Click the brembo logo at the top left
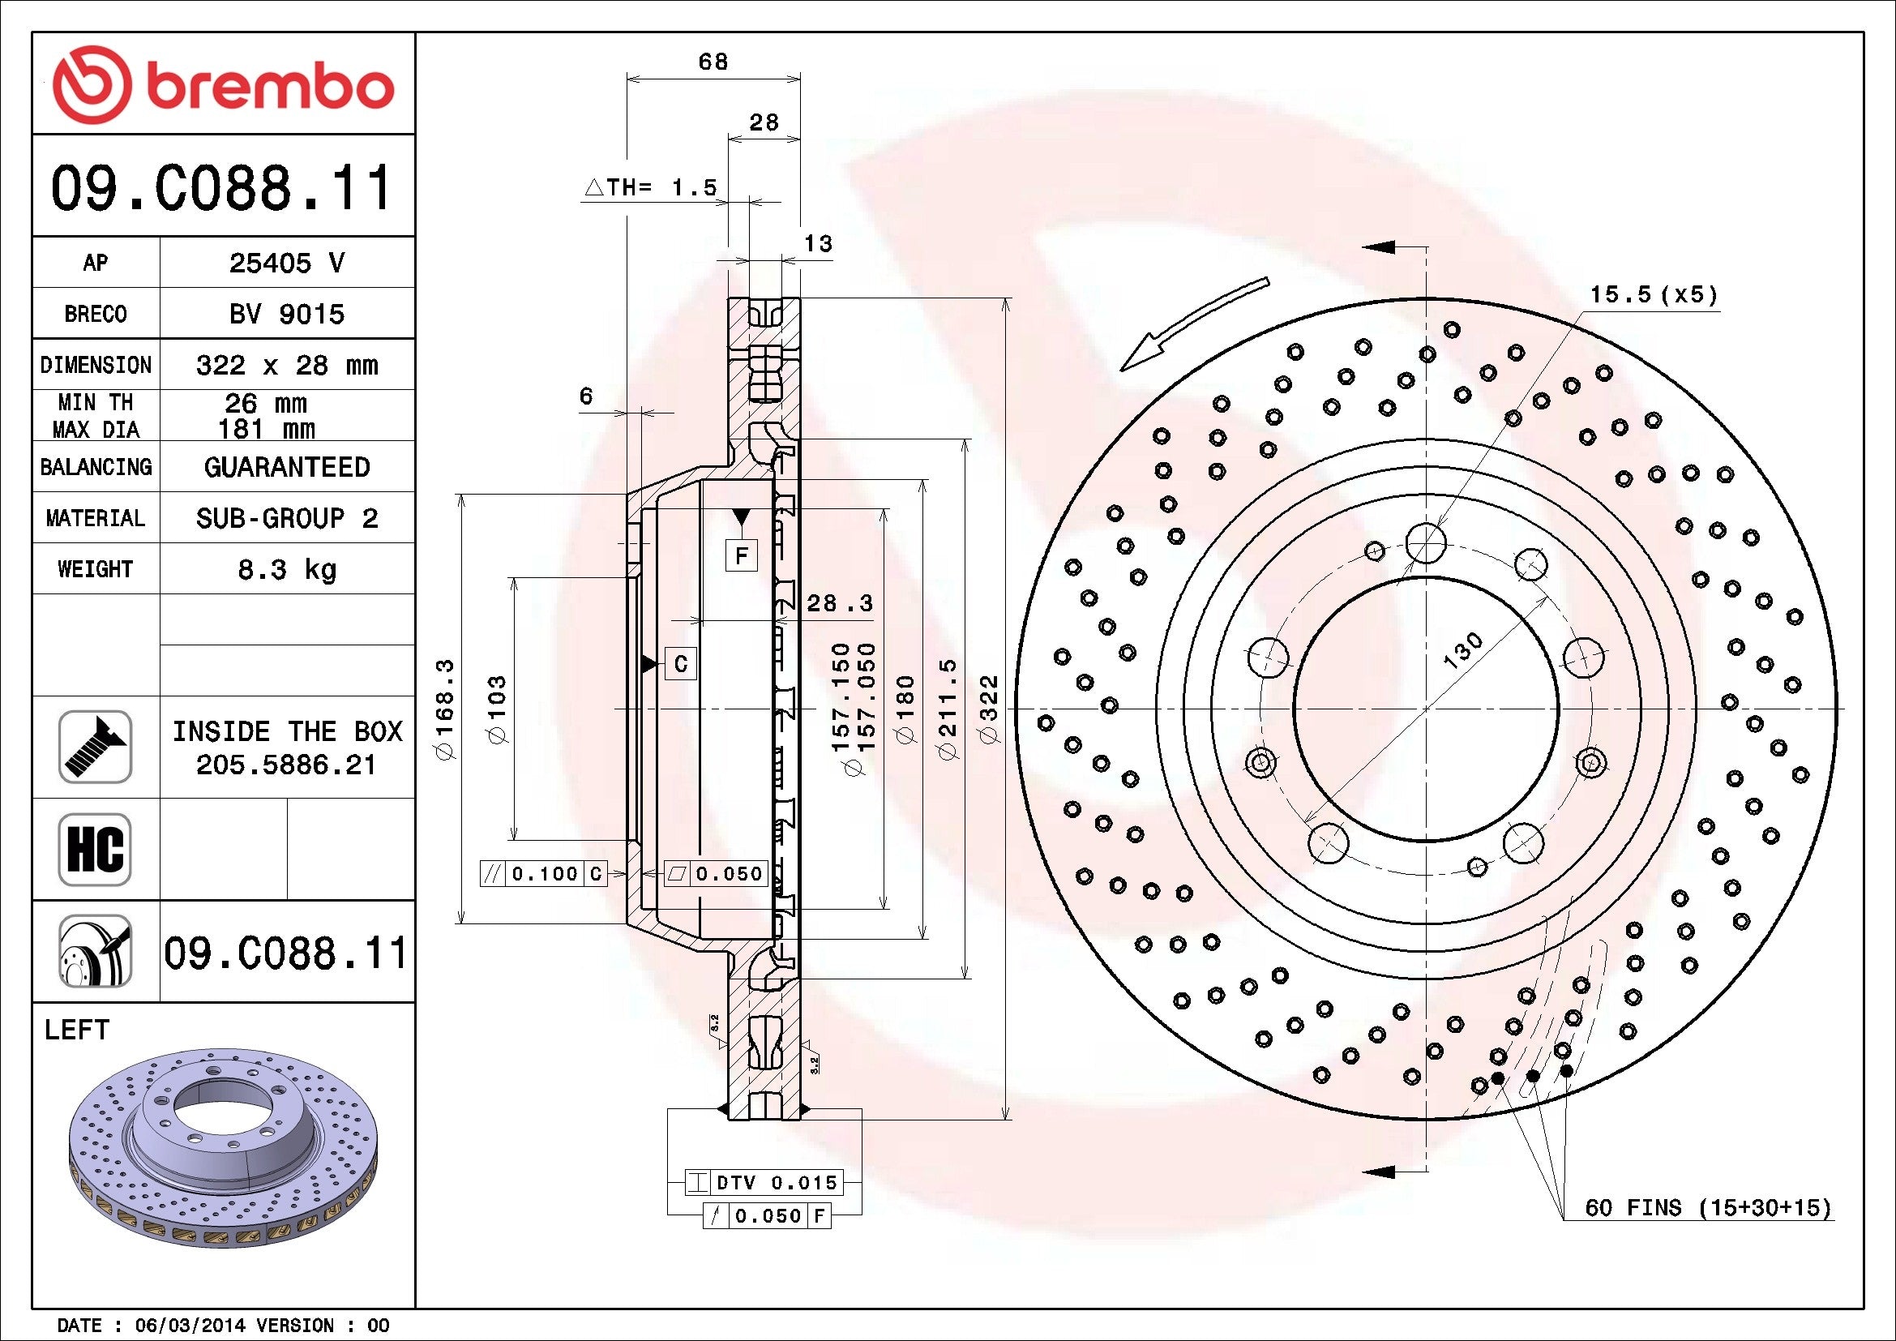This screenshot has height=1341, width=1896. click(223, 85)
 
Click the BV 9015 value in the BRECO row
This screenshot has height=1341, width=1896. click(285, 314)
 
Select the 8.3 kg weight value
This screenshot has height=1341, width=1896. click(285, 570)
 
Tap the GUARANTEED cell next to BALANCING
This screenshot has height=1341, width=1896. click(285, 467)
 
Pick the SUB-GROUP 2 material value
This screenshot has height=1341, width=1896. click(285, 519)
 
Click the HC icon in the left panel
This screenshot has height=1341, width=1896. click(95, 849)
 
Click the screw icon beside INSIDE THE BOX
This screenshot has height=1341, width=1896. click(95, 747)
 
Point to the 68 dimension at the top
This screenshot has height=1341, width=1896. click(713, 62)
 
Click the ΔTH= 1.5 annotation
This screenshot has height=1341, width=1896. click(650, 188)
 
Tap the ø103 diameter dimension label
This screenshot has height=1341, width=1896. click(497, 709)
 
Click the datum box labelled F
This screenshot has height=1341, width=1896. click(741, 555)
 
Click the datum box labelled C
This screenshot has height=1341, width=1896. click(680, 663)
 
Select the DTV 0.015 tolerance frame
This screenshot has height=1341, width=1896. click(764, 1182)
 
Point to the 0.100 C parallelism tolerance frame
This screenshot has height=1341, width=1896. click(543, 874)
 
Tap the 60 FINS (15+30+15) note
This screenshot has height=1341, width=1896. click(1708, 1208)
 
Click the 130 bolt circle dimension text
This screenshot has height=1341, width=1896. click(1462, 649)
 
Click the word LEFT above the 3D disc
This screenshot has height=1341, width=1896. click(77, 1030)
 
